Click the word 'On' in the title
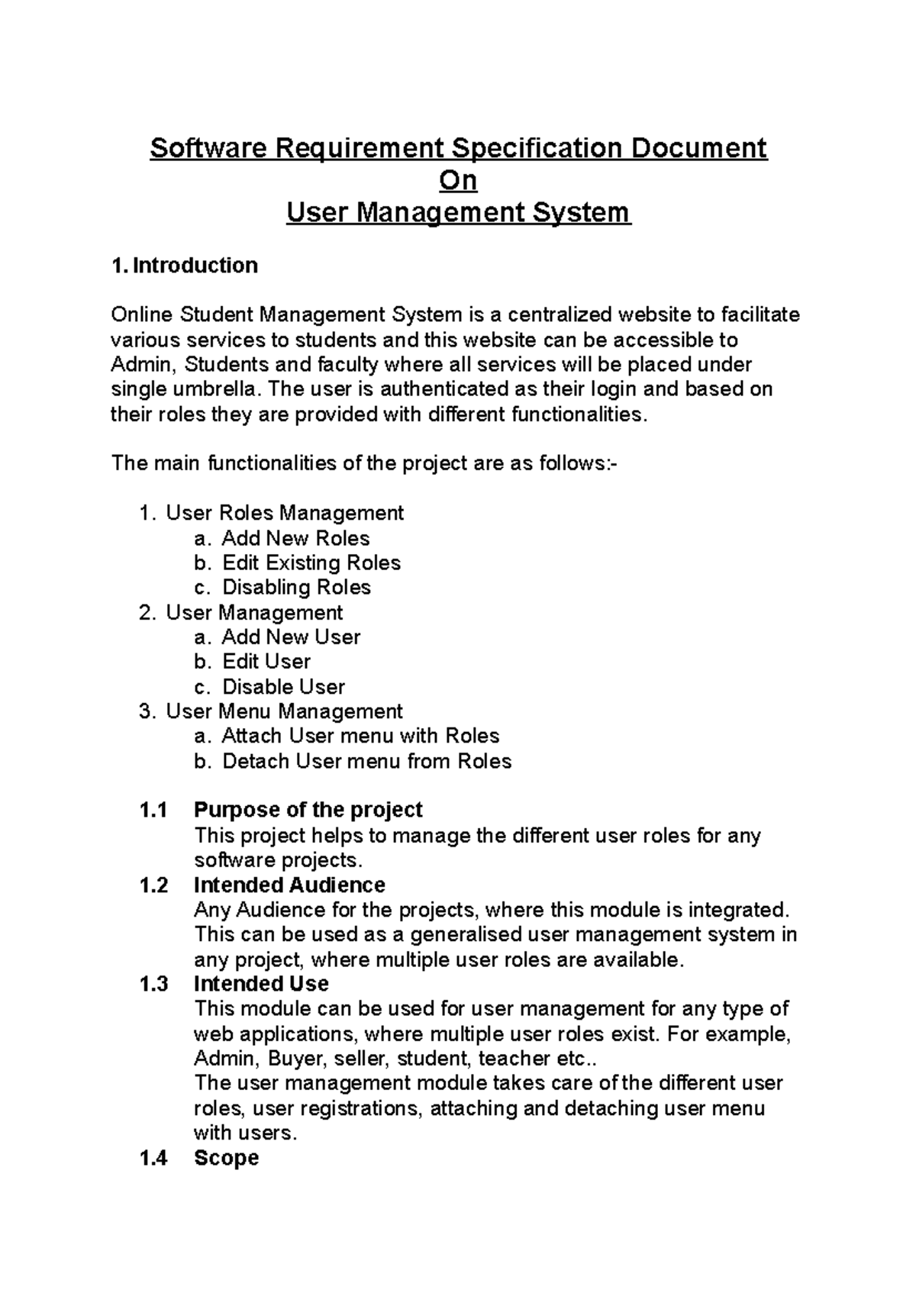[x=458, y=181]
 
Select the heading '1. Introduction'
[x=184, y=266]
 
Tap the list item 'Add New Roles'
[x=295, y=538]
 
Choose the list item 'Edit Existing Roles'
[x=311, y=563]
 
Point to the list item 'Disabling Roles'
[x=296, y=588]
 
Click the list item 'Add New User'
[x=291, y=637]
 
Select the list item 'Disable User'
[x=283, y=687]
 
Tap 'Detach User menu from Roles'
[x=366, y=762]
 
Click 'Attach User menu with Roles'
[x=360, y=737]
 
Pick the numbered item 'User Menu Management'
[x=284, y=711]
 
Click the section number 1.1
[x=153, y=810]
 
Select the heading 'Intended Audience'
[x=289, y=885]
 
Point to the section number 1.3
[x=153, y=984]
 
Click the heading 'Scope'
[x=226, y=1158]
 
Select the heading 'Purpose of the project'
[x=308, y=810]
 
